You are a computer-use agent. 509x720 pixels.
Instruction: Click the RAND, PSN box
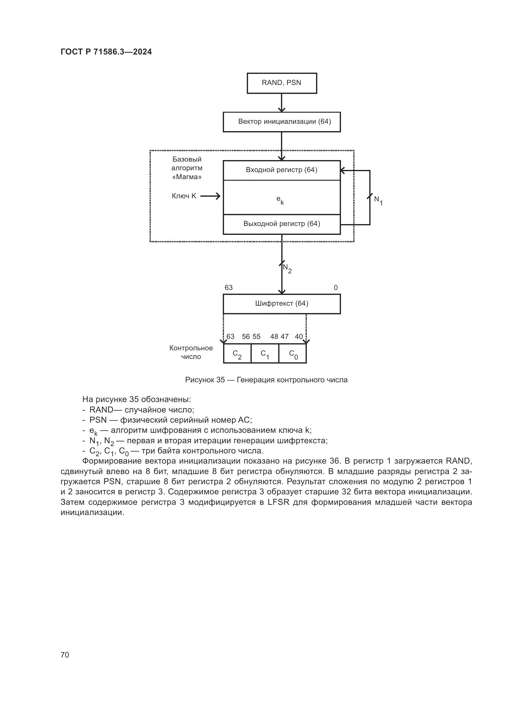(282, 83)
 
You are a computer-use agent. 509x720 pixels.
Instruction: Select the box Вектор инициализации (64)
(282, 122)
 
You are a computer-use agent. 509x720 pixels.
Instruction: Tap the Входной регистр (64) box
(282, 170)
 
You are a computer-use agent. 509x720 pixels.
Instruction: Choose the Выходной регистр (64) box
(282, 224)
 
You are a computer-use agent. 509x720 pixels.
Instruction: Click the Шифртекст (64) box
(282, 304)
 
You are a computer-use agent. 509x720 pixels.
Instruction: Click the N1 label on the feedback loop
(378, 200)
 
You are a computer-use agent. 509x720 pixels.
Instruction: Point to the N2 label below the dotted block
(287, 268)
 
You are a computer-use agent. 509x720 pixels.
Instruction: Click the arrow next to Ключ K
(210, 196)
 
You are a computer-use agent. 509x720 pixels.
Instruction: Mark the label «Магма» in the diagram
(187, 177)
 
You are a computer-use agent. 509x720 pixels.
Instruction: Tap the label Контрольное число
(191, 352)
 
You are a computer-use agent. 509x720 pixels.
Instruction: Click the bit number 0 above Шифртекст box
(336, 288)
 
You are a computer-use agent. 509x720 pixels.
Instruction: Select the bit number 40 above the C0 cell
(299, 336)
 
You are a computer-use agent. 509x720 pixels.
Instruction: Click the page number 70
(65, 655)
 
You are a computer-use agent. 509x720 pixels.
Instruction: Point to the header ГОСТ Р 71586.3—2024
(106, 52)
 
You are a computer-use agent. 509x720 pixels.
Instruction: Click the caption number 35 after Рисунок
(220, 380)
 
